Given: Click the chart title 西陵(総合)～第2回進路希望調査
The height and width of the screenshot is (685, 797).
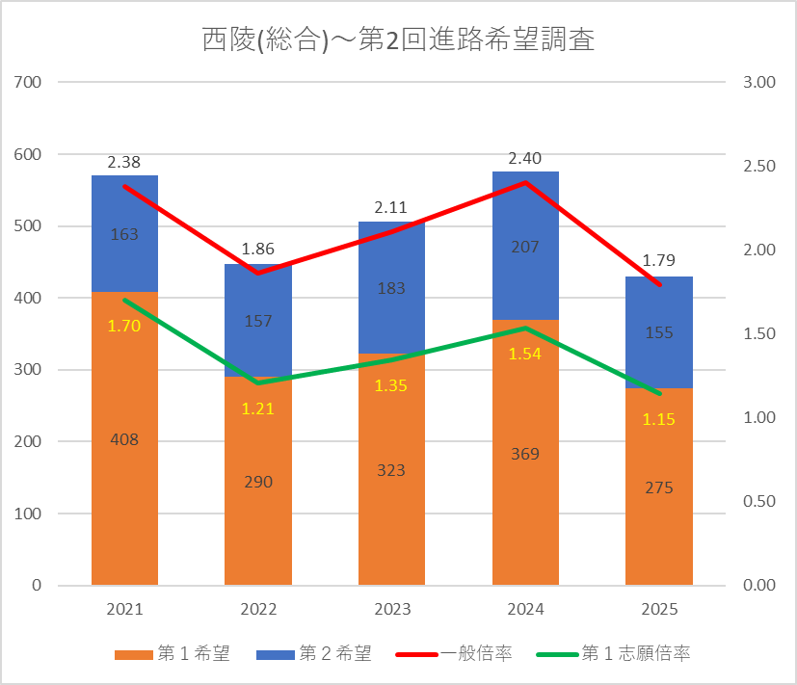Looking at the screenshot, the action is click(398, 40).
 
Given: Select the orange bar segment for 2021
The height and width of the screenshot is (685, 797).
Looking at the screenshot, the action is click(124, 438).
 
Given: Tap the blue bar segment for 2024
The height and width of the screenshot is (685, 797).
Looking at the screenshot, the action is click(525, 246).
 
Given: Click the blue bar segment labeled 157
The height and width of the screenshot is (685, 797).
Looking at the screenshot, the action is click(258, 320).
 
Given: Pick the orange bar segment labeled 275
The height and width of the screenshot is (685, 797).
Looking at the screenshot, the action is click(659, 487).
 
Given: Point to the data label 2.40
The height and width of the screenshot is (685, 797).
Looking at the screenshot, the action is click(525, 159).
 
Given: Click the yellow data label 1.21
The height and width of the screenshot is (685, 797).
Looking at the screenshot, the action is click(257, 408).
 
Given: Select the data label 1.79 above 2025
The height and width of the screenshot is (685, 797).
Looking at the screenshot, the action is click(659, 260).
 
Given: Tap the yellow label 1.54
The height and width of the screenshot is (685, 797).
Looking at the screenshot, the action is click(525, 354).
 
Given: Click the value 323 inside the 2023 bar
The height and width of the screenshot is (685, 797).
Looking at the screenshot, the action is click(391, 470).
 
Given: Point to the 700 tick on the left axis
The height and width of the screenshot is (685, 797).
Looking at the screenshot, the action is click(27, 82).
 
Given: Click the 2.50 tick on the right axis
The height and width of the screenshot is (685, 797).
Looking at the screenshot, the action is click(759, 166).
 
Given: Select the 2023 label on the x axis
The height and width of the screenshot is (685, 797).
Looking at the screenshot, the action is click(392, 609).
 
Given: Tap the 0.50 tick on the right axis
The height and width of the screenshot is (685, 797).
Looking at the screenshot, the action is click(759, 501).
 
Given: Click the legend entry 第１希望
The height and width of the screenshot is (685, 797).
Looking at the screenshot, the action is click(173, 653).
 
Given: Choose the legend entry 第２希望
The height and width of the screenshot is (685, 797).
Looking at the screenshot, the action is click(314, 653).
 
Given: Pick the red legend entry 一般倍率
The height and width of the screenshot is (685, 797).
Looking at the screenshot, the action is click(454, 653).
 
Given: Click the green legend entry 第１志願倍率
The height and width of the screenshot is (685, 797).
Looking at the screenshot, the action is click(614, 653).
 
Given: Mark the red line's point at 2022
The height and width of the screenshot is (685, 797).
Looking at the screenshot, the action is click(258, 273).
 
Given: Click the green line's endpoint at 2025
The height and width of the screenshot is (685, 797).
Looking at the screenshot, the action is click(659, 393).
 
